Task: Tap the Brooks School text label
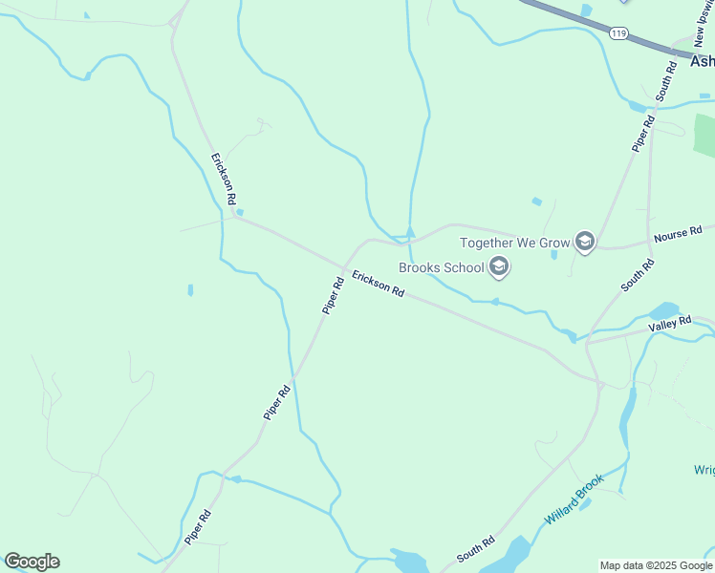[x=442, y=267]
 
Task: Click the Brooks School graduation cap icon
[x=498, y=267]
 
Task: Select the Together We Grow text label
[x=514, y=243]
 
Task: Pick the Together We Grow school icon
[x=585, y=243]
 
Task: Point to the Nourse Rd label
[x=678, y=231]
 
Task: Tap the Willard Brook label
[x=574, y=499]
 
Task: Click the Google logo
[x=32, y=562]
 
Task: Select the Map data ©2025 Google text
[x=656, y=565]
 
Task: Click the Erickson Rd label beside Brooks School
[x=377, y=284]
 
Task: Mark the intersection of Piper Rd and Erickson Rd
[x=345, y=266]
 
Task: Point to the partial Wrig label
[x=704, y=469]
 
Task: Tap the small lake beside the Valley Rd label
[x=663, y=311]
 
